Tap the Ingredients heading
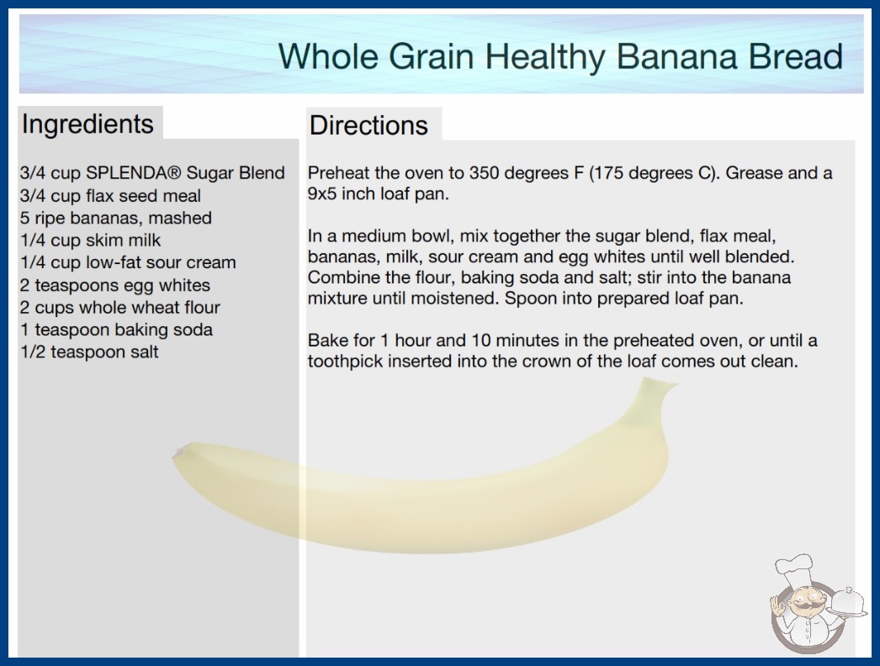coord(87,124)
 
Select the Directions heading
coord(368,125)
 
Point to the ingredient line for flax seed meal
coord(110,196)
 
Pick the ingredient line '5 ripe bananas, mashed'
coord(115,219)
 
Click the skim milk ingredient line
coord(90,240)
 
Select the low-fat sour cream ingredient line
coord(128,262)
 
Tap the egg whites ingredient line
coord(115,286)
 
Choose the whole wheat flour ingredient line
coord(120,308)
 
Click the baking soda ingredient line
coord(116,330)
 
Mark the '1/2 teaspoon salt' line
coord(89,351)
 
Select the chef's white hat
coord(795,569)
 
